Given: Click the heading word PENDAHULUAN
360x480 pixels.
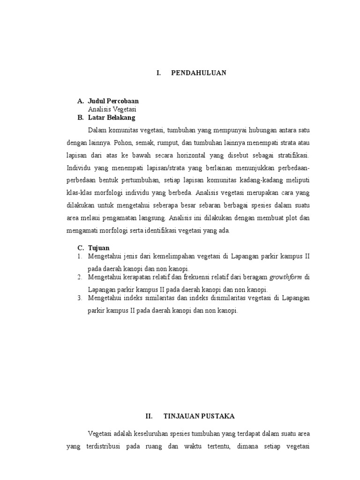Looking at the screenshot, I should coord(199,73).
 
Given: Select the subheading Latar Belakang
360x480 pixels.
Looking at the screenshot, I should coord(112,117).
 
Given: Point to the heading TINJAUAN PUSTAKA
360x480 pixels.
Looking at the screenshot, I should coord(199,416).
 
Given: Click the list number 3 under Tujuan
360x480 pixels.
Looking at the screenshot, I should coord(80,298).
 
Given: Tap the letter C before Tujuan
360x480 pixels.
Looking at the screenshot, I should coord(80,247).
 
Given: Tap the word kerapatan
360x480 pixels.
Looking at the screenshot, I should coord(133,277).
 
